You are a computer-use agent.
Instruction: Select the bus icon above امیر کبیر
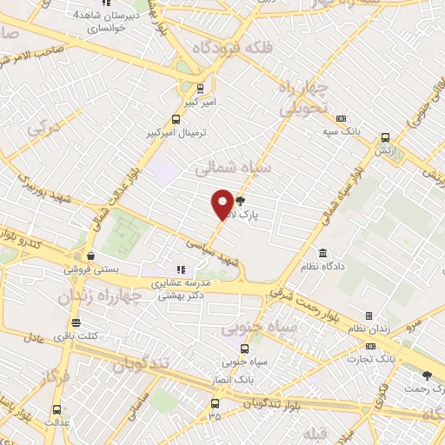[201, 88]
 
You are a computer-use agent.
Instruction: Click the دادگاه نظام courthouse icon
[323, 253]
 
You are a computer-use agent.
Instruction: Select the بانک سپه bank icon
[341, 118]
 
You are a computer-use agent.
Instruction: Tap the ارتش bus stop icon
[385, 136]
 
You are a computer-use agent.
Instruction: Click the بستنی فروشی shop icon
[90, 256]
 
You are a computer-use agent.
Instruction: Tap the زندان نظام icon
[369, 315]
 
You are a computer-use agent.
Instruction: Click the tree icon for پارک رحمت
[426, 375]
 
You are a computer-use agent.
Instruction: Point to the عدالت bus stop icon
[57, 410]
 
